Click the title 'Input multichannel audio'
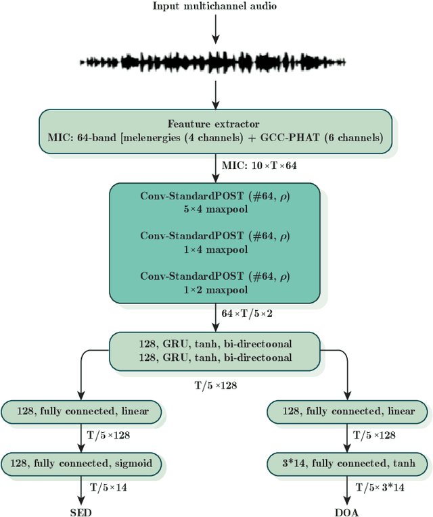tap(214, 7)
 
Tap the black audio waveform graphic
tap(214, 62)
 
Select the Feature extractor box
tap(214, 131)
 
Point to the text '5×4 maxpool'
tap(214, 209)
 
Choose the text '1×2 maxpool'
tap(214, 289)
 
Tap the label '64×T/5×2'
tap(247, 314)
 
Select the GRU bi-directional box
tap(214, 351)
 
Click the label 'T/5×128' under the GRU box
tap(214, 385)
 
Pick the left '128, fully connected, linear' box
tap(81, 411)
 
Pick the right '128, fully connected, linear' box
tap(348, 411)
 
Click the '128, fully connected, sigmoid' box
tap(81, 464)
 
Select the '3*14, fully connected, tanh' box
tap(348, 464)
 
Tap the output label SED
tap(81, 512)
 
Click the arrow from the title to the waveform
tap(214, 30)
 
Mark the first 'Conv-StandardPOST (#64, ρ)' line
tap(214, 196)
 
